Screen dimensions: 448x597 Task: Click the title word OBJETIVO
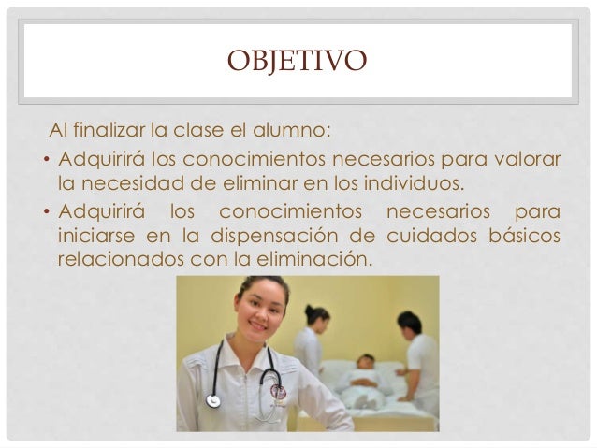point(298,64)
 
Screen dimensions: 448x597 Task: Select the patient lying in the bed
point(363,373)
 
